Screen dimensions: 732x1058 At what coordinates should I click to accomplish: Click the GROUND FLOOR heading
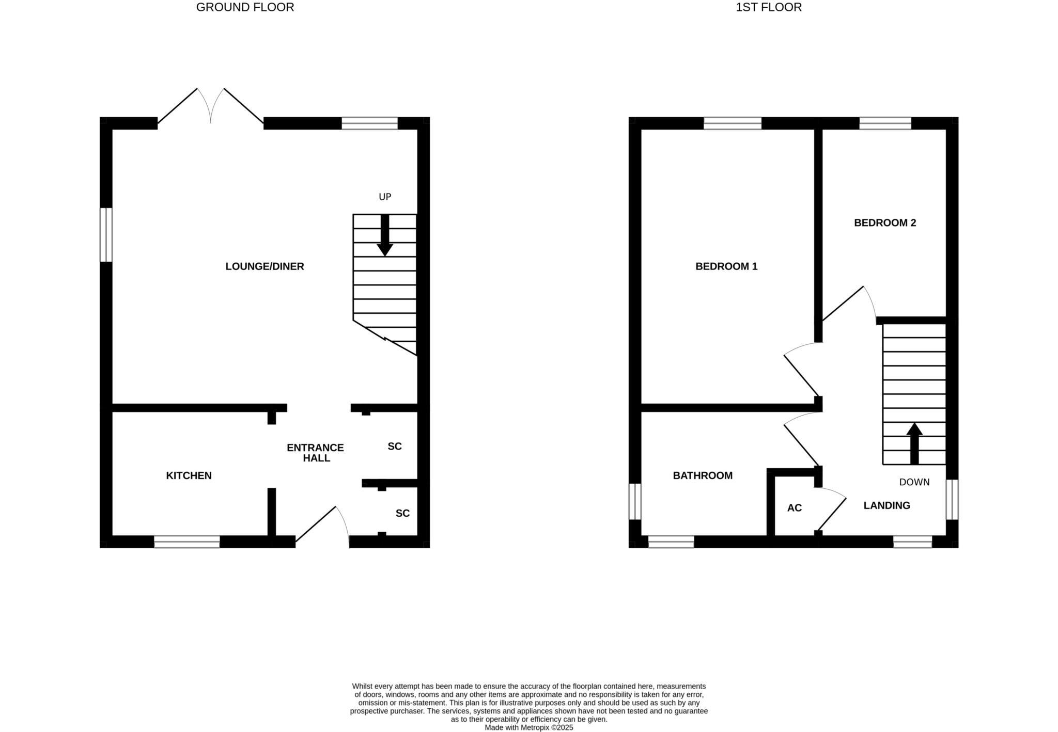(x=245, y=7)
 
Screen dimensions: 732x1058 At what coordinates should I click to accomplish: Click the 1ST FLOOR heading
(x=769, y=7)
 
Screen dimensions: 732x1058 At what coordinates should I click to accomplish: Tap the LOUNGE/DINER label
(x=264, y=266)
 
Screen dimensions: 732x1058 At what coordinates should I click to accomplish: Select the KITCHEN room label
(x=189, y=475)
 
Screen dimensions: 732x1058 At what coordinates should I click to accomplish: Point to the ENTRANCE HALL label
(x=316, y=453)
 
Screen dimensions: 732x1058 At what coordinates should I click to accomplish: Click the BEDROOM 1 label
(x=726, y=266)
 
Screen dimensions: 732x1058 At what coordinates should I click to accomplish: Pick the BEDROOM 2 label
(x=885, y=223)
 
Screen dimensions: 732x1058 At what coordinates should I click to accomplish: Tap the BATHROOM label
(x=703, y=475)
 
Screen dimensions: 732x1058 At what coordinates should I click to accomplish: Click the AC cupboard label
(x=795, y=508)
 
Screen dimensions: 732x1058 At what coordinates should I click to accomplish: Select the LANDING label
(x=887, y=505)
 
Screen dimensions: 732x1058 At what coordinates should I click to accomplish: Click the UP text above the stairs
(x=385, y=197)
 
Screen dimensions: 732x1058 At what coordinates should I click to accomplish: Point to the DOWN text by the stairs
(x=914, y=482)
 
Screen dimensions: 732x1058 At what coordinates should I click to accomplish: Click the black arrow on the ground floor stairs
(x=385, y=235)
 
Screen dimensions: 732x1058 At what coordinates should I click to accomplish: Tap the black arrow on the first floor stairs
(x=914, y=443)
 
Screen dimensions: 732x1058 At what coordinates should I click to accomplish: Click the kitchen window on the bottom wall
(x=187, y=542)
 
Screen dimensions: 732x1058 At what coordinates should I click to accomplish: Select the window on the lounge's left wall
(x=106, y=235)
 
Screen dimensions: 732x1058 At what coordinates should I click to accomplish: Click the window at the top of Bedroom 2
(x=885, y=123)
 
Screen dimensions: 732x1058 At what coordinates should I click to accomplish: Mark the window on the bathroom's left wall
(x=635, y=501)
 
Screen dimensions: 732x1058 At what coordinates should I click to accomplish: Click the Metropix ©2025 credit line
(x=528, y=728)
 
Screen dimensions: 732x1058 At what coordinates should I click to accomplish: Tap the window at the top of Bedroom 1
(x=733, y=123)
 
